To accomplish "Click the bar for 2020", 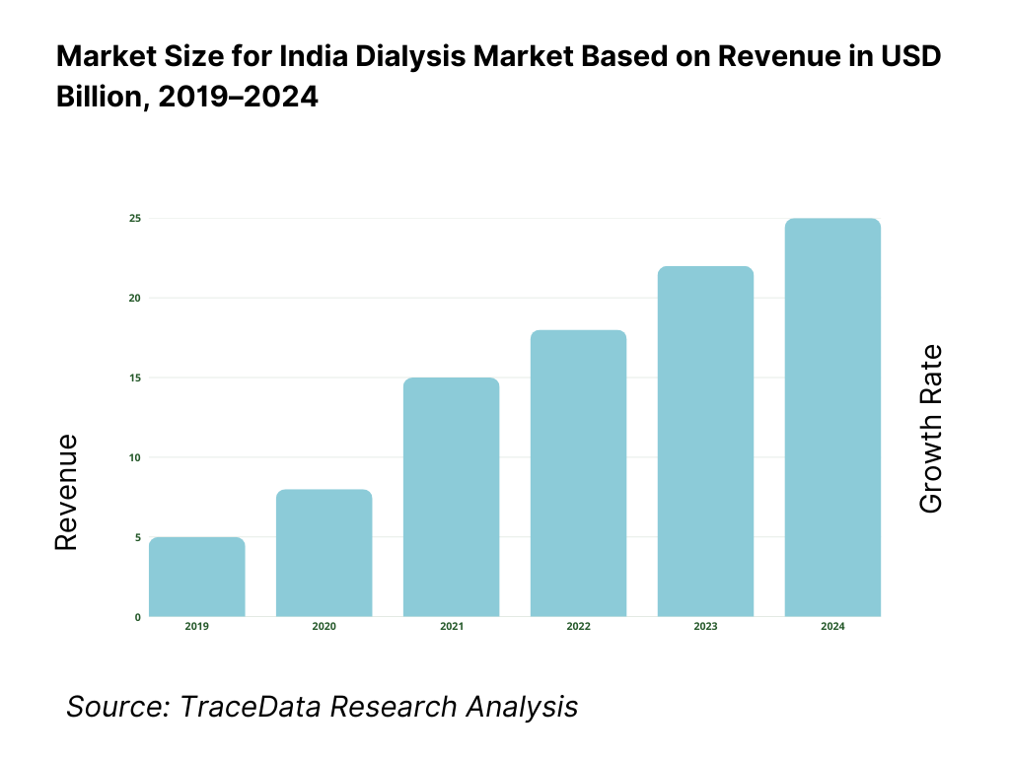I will tap(325, 553).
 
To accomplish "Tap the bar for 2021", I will tap(452, 497).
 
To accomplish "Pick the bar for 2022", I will tap(579, 473).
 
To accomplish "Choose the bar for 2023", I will tap(706, 442).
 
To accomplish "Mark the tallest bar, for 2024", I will tap(833, 417).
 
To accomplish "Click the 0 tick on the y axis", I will tap(137, 617).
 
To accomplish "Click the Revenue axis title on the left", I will tap(66, 493).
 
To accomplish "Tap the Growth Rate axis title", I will tap(930, 428).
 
